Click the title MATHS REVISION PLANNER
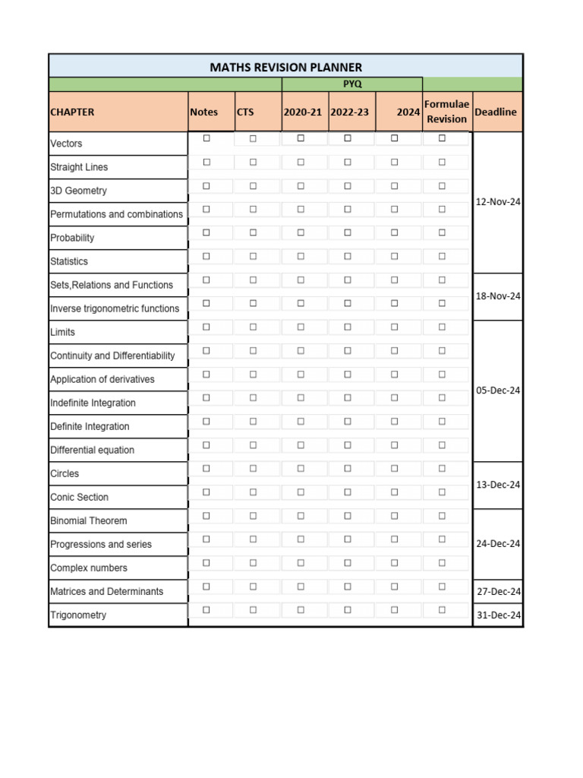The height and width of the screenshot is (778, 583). (x=285, y=67)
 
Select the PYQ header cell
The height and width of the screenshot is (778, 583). (x=352, y=84)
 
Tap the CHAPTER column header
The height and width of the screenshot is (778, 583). (x=73, y=112)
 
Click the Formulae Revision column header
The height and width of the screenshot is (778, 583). (x=446, y=112)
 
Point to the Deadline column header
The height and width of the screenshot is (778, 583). (x=495, y=112)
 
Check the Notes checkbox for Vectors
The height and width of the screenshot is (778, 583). (x=206, y=138)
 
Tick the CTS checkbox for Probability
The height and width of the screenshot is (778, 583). (x=253, y=232)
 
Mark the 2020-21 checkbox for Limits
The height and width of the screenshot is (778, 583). (x=301, y=327)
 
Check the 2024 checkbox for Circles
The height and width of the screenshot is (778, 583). (x=395, y=468)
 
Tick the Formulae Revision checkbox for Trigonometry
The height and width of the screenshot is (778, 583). (x=442, y=609)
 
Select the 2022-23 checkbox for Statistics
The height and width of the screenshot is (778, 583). (x=348, y=256)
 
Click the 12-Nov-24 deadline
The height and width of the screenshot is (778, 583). (x=498, y=202)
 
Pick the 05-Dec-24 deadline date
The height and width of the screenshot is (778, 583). (x=498, y=391)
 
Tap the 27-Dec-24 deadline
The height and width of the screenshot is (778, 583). (x=498, y=592)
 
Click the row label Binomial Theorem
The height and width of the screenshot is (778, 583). (x=89, y=521)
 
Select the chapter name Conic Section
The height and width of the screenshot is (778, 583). (x=80, y=498)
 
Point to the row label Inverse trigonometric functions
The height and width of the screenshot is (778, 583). (x=115, y=309)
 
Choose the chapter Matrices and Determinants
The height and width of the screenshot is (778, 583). (x=106, y=592)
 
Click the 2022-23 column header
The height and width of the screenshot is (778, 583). (x=349, y=112)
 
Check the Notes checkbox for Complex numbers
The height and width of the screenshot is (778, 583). (x=206, y=562)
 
